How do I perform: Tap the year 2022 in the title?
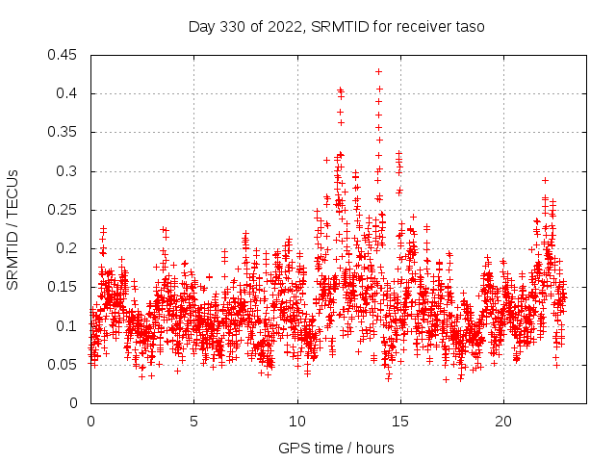pyautogui.click(x=288, y=27)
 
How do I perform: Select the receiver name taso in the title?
pyautogui.click(x=468, y=27)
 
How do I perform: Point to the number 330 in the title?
pyautogui.click(x=242, y=27)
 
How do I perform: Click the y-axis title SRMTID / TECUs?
pyautogui.click(x=13, y=228)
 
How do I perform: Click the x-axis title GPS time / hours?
pyautogui.click(x=336, y=448)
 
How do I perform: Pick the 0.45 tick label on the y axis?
pyautogui.click(x=64, y=55)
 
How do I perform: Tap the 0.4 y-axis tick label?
pyautogui.click(x=67, y=93)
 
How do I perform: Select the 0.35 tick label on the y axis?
pyautogui.click(x=64, y=132)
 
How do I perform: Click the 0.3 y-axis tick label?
pyautogui.click(x=67, y=171)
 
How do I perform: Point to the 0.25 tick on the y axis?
pyautogui.click(x=64, y=210)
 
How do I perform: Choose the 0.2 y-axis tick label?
pyautogui.click(x=67, y=248)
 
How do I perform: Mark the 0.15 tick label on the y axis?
pyautogui.click(x=64, y=287)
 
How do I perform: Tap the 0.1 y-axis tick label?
pyautogui.click(x=67, y=325)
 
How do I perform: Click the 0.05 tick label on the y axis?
pyautogui.click(x=64, y=364)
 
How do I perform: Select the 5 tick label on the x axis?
pyautogui.click(x=193, y=422)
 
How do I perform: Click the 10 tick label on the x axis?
pyautogui.click(x=297, y=422)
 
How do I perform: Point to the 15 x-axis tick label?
pyautogui.click(x=400, y=422)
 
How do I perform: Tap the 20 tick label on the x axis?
pyautogui.click(x=503, y=422)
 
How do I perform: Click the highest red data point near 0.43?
pyautogui.click(x=378, y=71)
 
